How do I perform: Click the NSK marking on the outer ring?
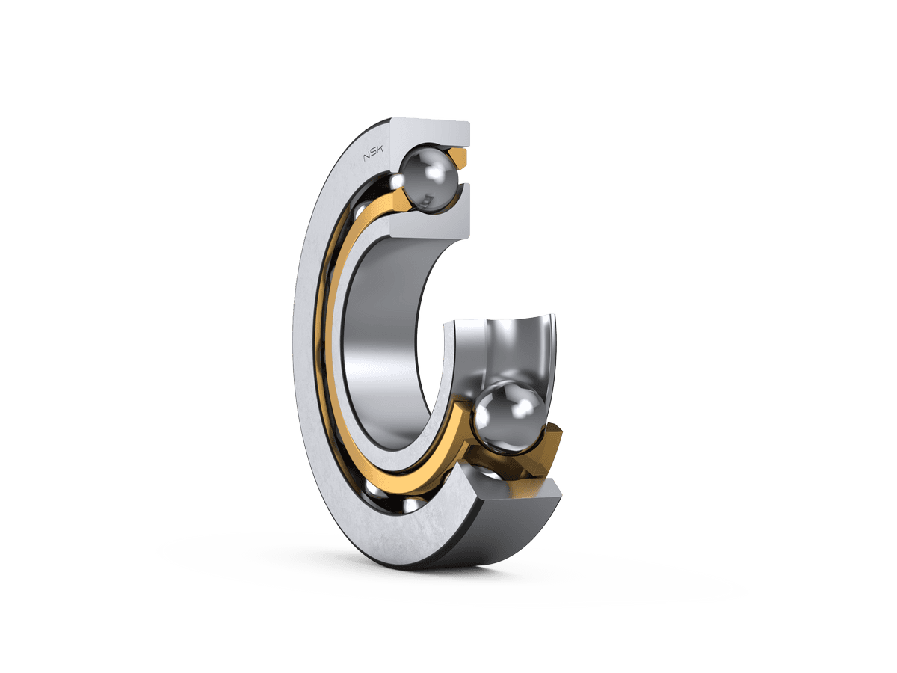374,155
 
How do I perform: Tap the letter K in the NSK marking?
380,153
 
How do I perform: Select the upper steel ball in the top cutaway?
428,179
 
